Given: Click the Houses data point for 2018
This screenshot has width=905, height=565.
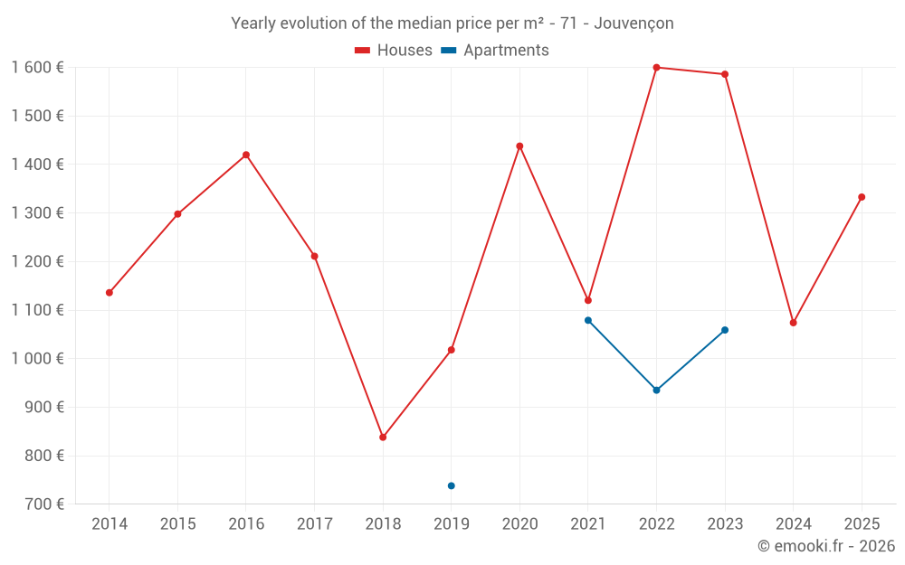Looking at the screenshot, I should (x=383, y=438).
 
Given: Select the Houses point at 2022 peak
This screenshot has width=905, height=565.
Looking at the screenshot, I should (x=656, y=68).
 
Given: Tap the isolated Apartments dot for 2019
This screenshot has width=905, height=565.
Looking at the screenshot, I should (x=451, y=486).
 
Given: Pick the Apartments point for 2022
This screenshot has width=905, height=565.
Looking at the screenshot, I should (x=656, y=391).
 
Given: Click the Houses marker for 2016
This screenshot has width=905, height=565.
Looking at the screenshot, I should (x=246, y=155).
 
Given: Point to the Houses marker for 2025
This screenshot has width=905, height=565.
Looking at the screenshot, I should (x=862, y=197).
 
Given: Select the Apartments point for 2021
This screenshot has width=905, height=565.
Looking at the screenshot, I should (x=588, y=320).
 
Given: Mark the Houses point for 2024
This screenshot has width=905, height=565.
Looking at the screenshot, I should (x=793, y=323).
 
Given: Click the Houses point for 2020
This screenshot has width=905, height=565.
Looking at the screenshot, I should (x=519, y=146).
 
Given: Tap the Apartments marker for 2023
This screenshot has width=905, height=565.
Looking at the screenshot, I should (x=725, y=330).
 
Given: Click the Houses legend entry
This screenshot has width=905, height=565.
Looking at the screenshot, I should (x=394, y=51).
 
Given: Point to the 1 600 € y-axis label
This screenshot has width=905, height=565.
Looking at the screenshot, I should (x=38, y=68).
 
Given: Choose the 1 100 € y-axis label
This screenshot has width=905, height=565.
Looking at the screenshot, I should (x=38, y=310).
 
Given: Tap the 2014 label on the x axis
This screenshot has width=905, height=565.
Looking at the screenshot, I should (x=110, y=524).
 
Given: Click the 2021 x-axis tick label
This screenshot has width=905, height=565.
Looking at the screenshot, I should (x=588, y=524).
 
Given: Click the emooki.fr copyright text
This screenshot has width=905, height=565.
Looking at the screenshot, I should (x=825, y=546).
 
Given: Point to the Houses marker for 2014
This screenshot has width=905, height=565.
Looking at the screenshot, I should (x=110, y=293).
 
